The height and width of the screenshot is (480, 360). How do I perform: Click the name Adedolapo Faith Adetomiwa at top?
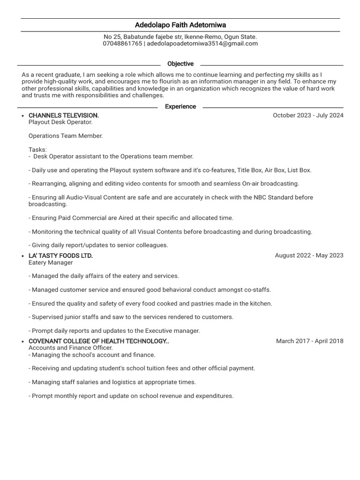(x=180, y=25)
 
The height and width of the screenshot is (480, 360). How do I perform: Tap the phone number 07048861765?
(x=122, y=44)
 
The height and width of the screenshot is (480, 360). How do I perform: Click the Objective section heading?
(x=180, y=64)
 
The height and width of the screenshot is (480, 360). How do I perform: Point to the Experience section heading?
(x=180, y=106)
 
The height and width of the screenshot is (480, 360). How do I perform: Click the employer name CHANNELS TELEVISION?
(x=64, y=115)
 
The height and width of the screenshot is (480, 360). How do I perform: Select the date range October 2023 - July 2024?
(x=308, y=115)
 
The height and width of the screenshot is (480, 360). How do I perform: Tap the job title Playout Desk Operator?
(x=60, y=122)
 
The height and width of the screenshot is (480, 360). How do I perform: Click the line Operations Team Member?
(x=66, y=136)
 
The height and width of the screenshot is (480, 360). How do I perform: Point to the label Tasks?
(x=37, y=150)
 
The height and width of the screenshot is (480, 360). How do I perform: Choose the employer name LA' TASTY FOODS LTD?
(x=60, y=255)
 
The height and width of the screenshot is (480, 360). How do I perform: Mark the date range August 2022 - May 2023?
(x=309, y=255)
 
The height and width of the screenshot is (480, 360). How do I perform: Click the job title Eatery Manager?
(x=51, y=262)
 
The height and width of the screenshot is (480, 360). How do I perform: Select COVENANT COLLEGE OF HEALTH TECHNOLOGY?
(x=98, y=341)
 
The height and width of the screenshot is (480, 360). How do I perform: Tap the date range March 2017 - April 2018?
(x=309, y=341)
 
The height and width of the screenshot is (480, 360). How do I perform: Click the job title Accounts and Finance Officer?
(x=71, y=348)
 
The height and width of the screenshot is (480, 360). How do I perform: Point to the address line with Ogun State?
(x=180, y=37)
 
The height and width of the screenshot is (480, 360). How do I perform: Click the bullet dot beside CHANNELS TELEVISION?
(x=23, y=116)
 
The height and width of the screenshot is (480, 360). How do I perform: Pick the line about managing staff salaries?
(x=112, y=382)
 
